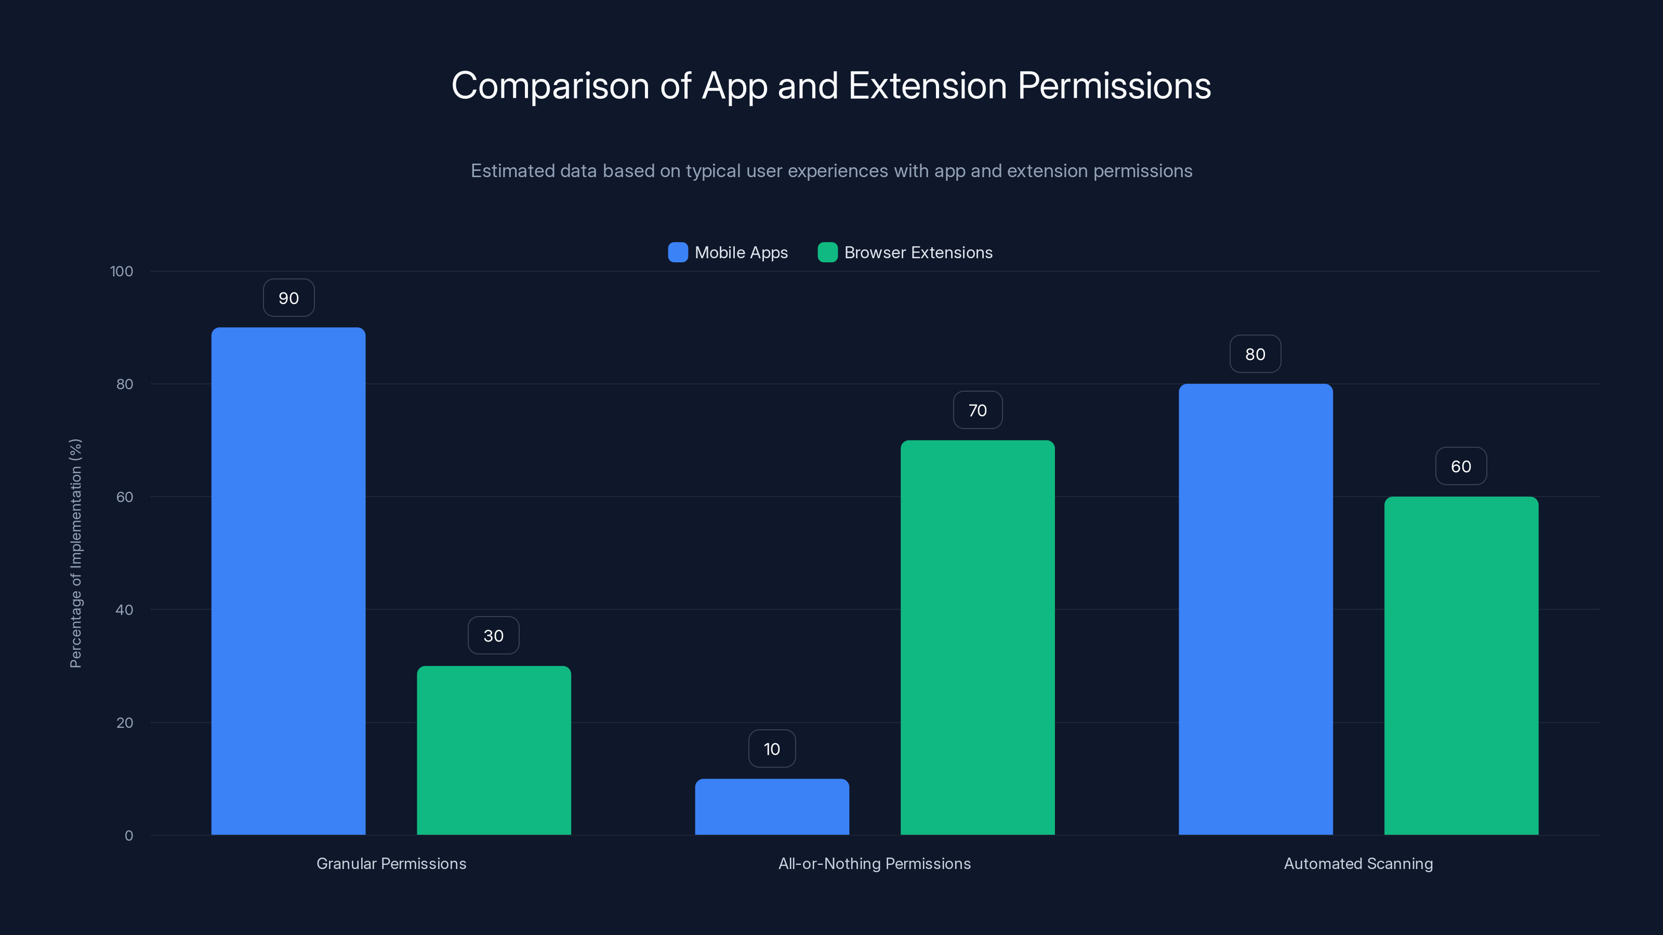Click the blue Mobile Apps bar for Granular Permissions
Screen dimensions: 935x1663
click(x=288, y=581)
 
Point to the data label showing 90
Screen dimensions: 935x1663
click(x=288, y=298)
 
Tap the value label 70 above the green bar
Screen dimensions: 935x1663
click(x=978, y=410)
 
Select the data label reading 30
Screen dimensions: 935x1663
click(x=493, y=636)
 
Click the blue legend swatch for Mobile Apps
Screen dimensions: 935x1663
click(x=678, y=252)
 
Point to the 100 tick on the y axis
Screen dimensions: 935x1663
click(x=122, y=271)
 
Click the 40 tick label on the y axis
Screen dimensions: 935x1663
click(x=124, y=610)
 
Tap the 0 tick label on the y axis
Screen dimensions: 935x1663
click(x=128, y=836)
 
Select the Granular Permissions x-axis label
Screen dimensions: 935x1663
click(x=391, y=863)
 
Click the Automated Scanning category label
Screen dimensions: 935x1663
click(x=1358, y=863)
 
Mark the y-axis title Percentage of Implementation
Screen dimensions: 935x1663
click(x=75, y=553)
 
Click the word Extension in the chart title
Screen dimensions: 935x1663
click(x=927, y=86)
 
